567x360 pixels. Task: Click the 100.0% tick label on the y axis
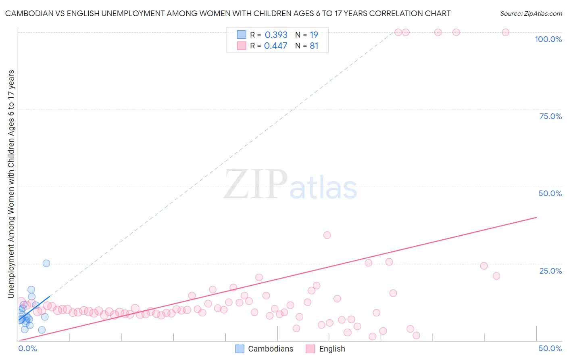(548, 39)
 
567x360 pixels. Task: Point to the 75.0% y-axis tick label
(550, 116)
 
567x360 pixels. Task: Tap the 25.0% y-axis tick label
(550, 271)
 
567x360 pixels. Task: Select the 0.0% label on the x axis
(27, 349)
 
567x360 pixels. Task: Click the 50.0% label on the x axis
(550, 349)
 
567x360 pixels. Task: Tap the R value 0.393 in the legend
(276, 35)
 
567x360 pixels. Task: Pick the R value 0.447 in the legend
(276, 46)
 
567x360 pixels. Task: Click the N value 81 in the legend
(314, 46)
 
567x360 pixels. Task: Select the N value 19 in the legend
(314, 35)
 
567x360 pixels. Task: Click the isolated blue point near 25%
(46, 264)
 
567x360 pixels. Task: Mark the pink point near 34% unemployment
(327, 235)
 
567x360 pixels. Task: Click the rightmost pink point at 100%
(505, 32)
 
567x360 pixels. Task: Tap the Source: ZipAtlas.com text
(531, 14)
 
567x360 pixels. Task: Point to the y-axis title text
(11, 184)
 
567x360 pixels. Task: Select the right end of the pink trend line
(536, 217)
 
